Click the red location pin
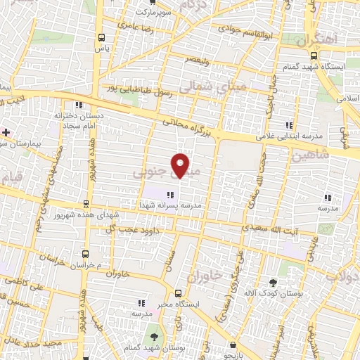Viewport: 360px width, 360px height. click(181, 165)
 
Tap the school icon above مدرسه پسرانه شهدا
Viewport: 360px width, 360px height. click(169, 195)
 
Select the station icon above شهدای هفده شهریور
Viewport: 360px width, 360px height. click(86, 202)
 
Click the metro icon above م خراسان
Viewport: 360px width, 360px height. click(85, 253)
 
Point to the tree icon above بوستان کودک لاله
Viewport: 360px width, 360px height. click(273, 282)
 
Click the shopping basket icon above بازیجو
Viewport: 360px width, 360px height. click(233, 345)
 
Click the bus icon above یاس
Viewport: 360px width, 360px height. click(102, 37)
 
